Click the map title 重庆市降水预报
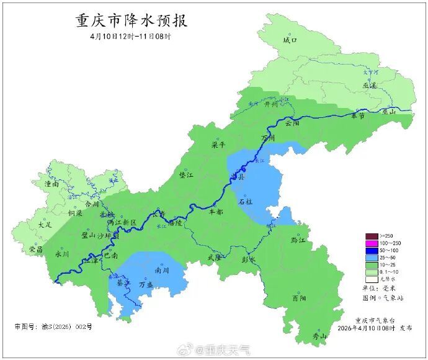point(132,20)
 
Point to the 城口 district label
point(290,40)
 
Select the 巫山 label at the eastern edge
point(389,112)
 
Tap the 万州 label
point(268,138)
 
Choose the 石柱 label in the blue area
point(246,202)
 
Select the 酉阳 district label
point(299,299)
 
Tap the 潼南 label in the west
point(51,184)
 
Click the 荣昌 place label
point(36,249)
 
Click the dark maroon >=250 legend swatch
point(372,236)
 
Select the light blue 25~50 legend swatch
point(372,256)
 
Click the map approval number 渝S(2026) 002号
point(53,326)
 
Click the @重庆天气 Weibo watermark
point(214,351)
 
